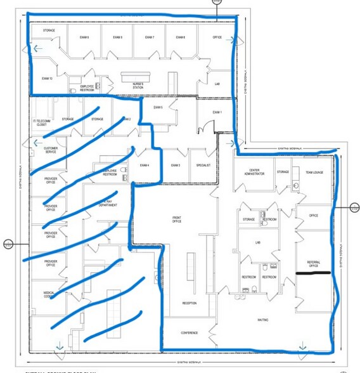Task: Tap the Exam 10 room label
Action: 46,78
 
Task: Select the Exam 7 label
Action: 150,37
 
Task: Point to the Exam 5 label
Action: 158,107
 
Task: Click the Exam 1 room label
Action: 217,112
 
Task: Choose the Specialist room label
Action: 203,165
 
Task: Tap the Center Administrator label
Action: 257,173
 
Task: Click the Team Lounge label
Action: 314,173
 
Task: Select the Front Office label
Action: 177,219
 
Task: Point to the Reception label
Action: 190,303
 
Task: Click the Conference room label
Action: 190,332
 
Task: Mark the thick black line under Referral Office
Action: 314,273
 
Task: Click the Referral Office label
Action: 313,264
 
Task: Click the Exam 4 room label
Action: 145,166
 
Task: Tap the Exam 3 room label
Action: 176,165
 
